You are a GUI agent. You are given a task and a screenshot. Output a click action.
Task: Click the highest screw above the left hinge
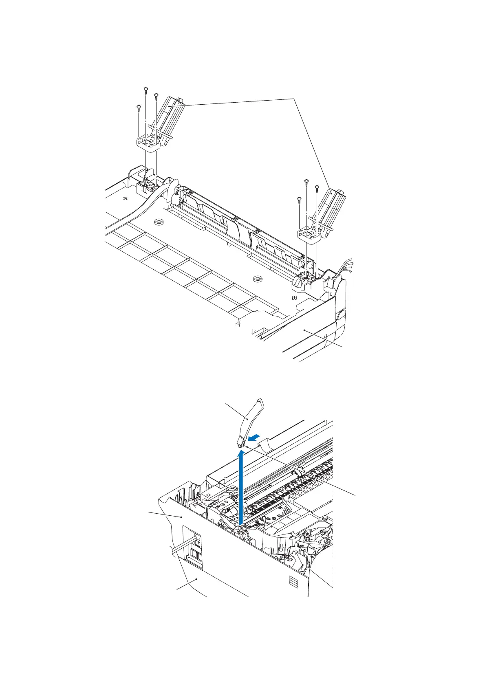[x=145, y=89]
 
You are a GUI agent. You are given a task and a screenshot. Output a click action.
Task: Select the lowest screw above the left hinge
[x=138, y=108]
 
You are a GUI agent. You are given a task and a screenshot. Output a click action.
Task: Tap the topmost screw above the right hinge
[x=306, y=181]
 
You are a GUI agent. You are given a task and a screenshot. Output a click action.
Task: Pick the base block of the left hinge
[x=148, y=143]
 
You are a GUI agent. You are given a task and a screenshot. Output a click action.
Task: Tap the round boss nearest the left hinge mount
[x=159, y=222]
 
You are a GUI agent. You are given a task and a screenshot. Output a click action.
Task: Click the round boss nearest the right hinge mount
[x=257, y=279]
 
